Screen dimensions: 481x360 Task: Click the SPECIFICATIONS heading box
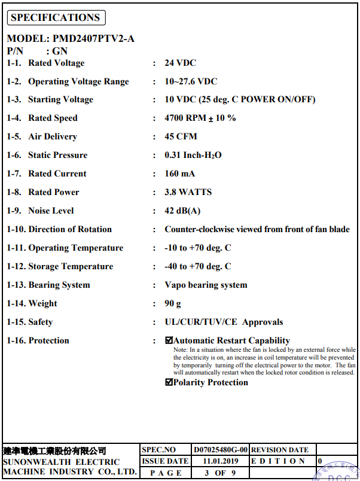(56, 18)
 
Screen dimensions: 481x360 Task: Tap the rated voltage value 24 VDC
(180, 63)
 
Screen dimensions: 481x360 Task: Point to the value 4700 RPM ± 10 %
(200, 118)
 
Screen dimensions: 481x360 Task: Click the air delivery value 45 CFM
(181, 136)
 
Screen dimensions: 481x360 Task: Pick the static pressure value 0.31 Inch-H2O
(193, 155)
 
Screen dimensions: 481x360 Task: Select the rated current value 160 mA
(179, 173)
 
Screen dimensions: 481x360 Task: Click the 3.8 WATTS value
(188, 192)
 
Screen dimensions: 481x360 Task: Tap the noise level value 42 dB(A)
(182, 211)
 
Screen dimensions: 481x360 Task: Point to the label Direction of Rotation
(70, 229)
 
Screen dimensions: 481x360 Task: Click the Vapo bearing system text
(206, 285)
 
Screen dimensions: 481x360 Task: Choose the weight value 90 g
(173, 303)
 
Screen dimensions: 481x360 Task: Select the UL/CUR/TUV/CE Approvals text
(224, 322)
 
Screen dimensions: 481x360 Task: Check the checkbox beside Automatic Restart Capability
(169, 340)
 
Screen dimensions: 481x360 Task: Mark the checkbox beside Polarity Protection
(169, 383)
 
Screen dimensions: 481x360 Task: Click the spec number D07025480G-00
(220, 450)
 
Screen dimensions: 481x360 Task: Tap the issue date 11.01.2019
(220, 461)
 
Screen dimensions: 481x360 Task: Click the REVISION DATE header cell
(279, 450)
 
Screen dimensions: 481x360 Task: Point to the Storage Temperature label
(71, 266)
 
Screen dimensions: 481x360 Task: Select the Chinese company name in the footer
(55, 450)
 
